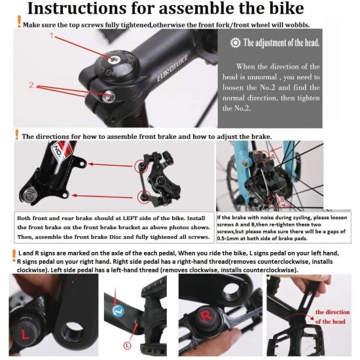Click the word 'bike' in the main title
(284, 9)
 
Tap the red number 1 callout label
(52, 35)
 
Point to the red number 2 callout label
(31, 85)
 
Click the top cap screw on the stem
(114, 59)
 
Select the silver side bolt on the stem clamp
(109, 97)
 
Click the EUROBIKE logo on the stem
(172, 69)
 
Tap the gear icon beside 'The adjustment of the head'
(236, 43)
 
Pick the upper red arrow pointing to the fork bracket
(111, 165)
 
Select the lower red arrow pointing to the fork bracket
(102, 196)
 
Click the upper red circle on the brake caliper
(141, 166)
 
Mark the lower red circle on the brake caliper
(144, 197)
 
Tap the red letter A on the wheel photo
(272, 157)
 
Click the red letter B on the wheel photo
(282, 199)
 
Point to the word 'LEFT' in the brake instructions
(130, 218)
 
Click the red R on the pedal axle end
(206, 316)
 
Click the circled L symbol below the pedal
(127, 346)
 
